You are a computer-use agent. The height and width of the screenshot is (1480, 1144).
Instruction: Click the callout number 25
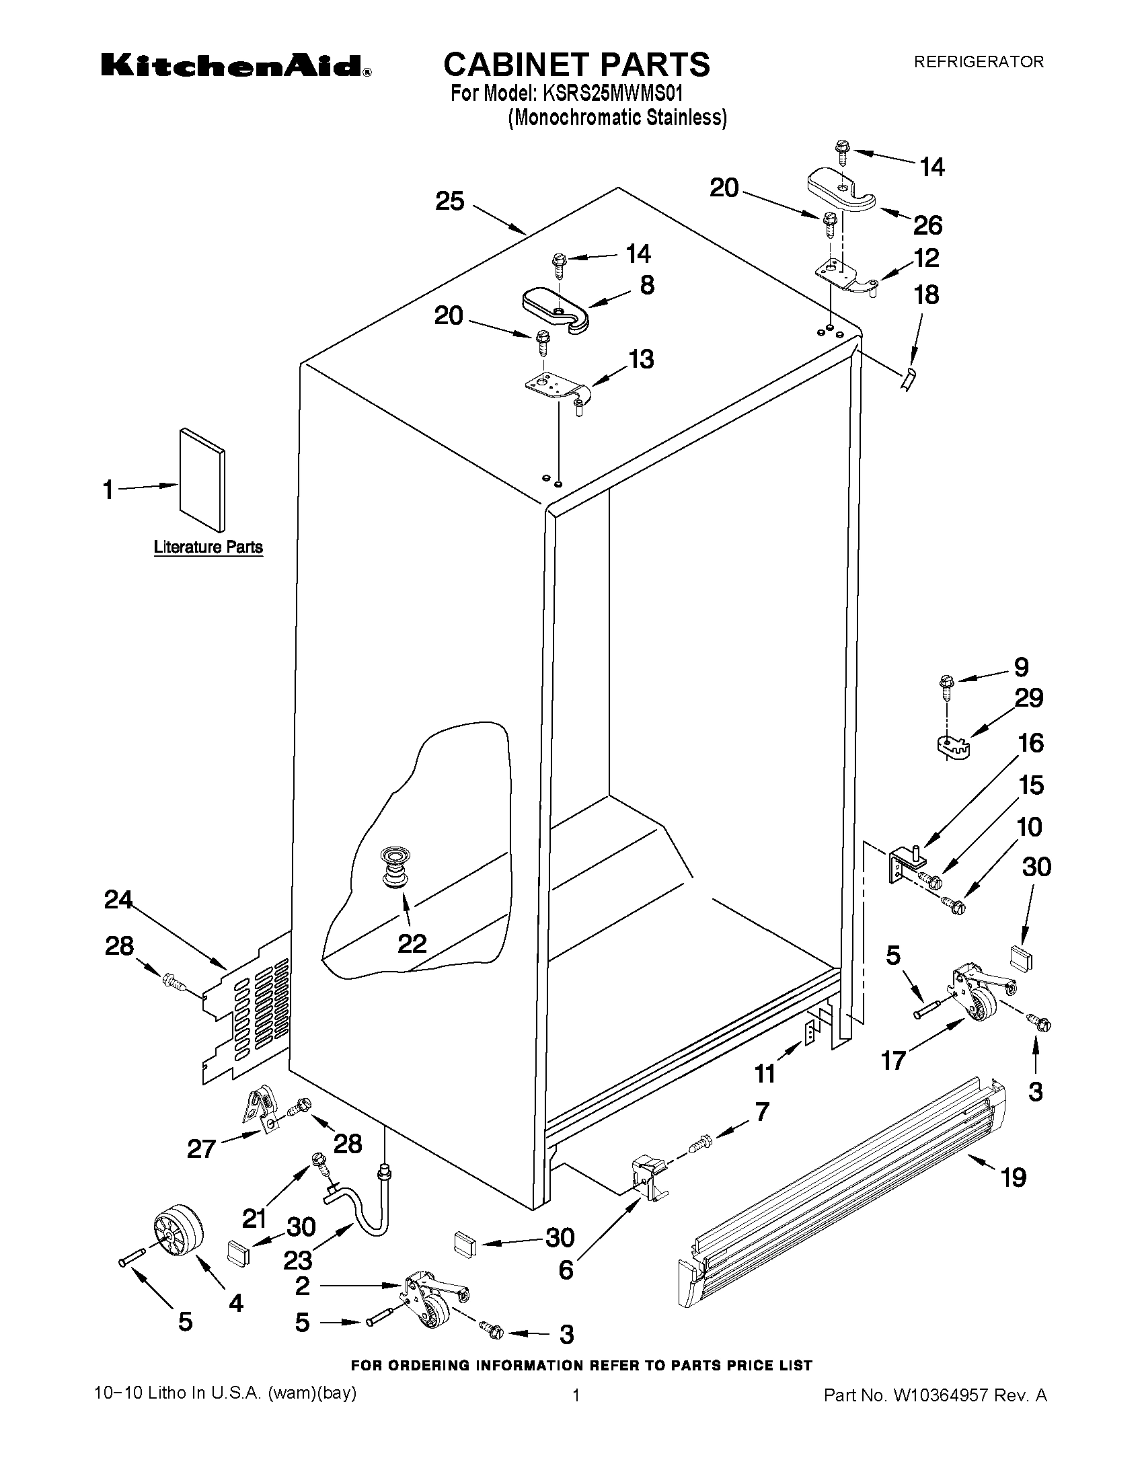(449, 201)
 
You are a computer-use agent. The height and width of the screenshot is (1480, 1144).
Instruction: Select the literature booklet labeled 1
(202, 479)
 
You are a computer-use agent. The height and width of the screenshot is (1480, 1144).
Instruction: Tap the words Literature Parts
(208, 547)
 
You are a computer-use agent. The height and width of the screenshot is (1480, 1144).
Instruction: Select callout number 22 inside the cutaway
(412, 943)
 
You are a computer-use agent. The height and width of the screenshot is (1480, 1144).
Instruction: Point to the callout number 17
(894, 1060)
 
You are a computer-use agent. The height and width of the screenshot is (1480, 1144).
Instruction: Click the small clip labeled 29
(953, 746)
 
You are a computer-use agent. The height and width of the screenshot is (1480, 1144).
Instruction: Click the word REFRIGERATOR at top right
(979, 62)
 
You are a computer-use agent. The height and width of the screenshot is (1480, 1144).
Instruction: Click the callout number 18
(927, 295)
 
